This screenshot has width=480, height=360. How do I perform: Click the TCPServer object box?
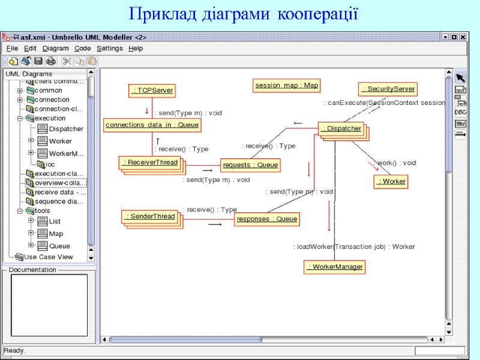pos(152,91)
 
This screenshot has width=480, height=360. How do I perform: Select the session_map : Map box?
pos(287,85)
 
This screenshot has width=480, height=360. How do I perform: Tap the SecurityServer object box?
pos(387,89)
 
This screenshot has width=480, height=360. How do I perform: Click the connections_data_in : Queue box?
pos(152,125)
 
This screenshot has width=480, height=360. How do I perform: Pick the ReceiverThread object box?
pos(150,162)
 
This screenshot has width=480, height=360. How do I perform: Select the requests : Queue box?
pos(250,164)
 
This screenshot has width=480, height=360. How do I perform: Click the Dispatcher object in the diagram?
pos(341,128)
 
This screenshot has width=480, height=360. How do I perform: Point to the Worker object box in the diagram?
pos(391,181)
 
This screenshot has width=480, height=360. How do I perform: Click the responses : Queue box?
pos(266,219)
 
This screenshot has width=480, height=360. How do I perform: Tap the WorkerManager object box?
pos(335,266)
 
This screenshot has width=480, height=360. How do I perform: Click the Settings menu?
pos(109,48)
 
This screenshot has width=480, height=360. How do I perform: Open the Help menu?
pos(136,48)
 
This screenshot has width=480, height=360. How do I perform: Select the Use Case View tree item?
pos(48,257)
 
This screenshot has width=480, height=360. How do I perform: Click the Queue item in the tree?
pos(59,246)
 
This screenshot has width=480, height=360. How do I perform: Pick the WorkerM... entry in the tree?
pos(66,154)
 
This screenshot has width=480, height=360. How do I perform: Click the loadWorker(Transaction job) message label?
pos(354,247)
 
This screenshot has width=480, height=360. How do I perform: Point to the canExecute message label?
pos(384,103)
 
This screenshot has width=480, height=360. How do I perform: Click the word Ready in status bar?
pos(14,350)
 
